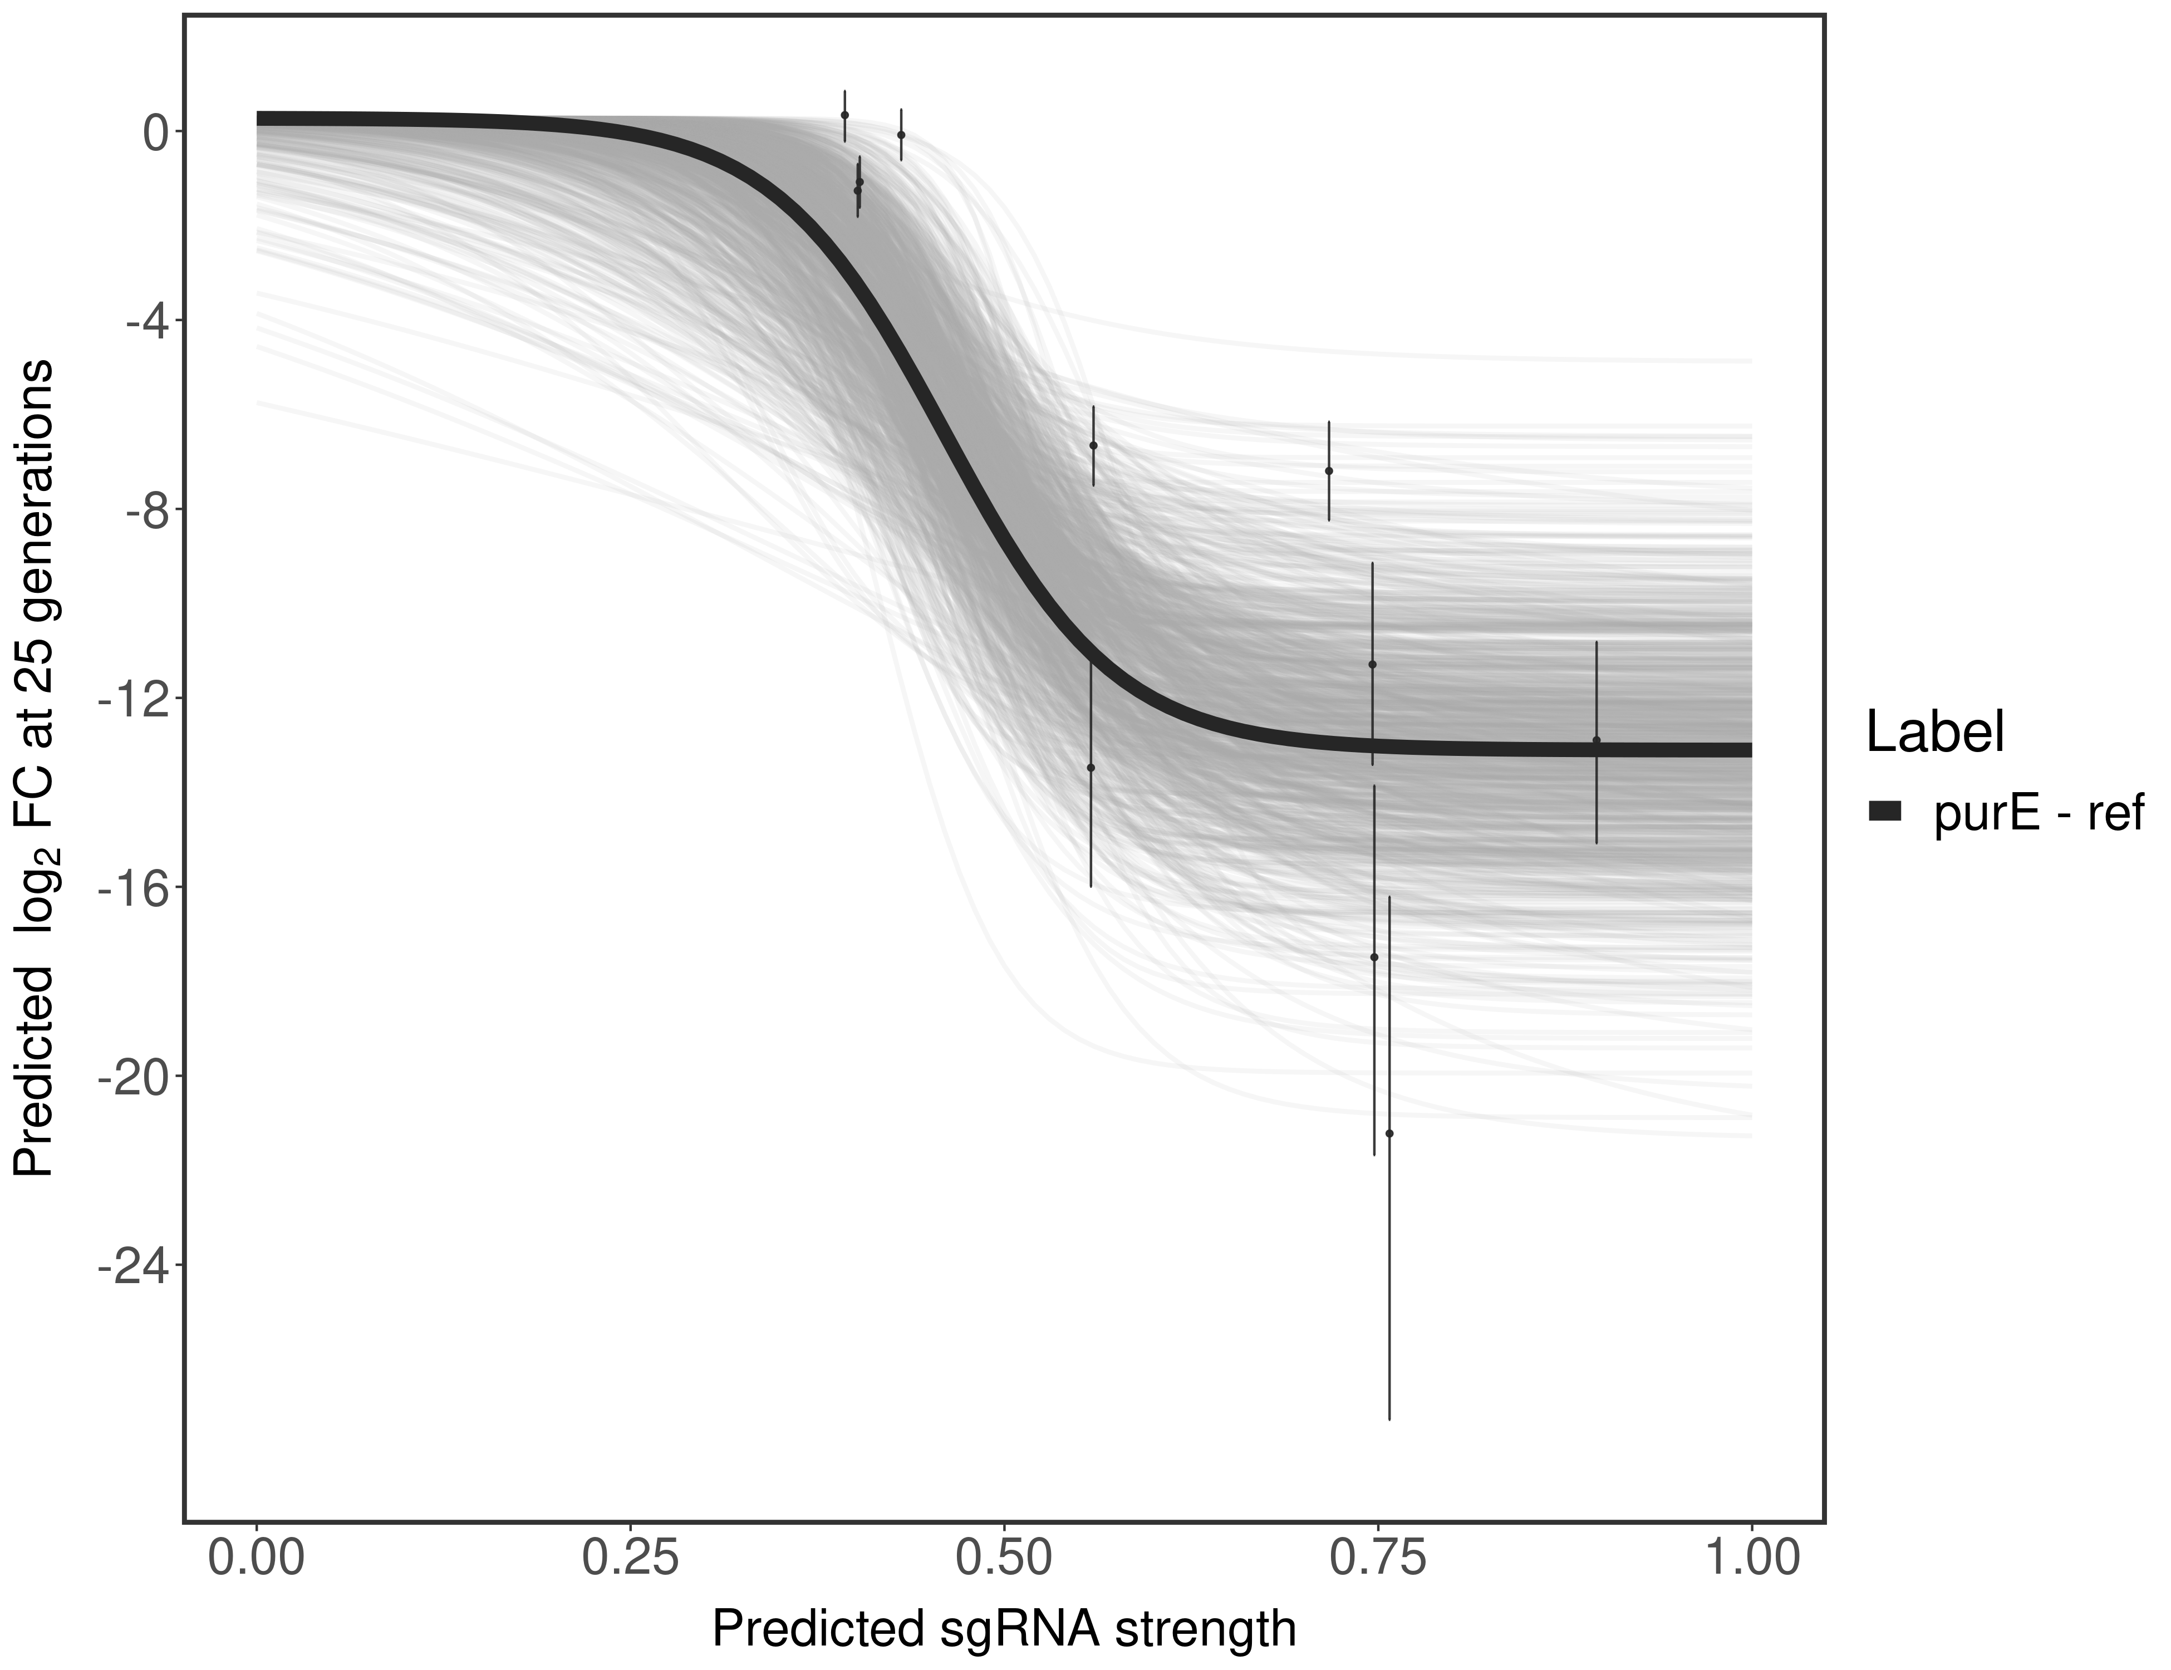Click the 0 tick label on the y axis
pyautogui.click(x=154, y=132)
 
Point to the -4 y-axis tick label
pyautogui.click(x=142, y=321)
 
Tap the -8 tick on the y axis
pyautogui.click(x=142, y=510)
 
